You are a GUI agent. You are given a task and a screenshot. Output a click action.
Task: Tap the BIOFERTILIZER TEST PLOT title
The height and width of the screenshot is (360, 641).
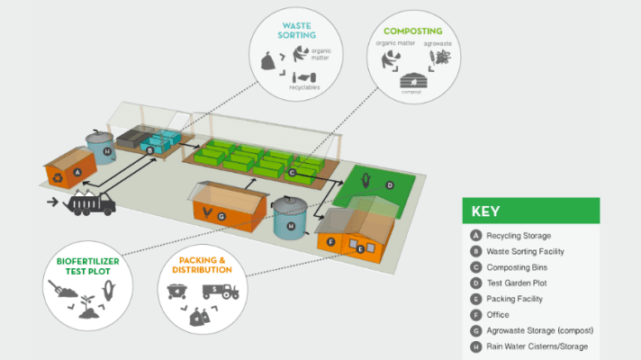coord(88,266)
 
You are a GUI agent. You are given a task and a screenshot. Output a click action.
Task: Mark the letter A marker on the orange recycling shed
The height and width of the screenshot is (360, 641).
coord(77,170)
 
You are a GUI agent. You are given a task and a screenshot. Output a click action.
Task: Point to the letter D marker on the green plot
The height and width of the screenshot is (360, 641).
coord(389,184)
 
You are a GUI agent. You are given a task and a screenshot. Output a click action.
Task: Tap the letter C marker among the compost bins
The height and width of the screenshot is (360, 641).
coord(292,160)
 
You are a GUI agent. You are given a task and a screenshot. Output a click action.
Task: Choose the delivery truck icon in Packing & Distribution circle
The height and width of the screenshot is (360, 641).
coord(218,291)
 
